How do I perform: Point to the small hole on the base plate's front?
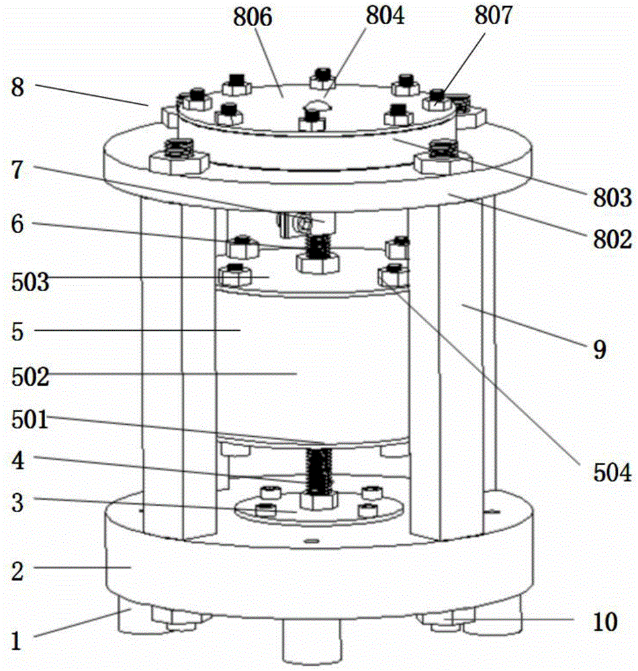click(x=310, y=539)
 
